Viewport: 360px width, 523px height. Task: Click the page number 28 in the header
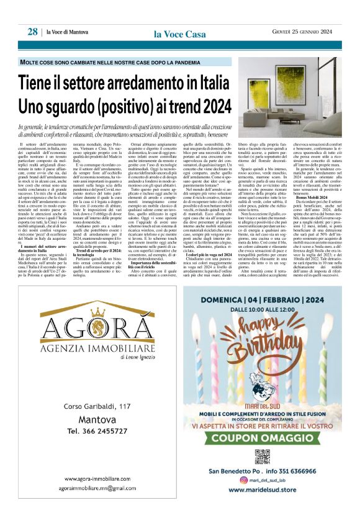32,32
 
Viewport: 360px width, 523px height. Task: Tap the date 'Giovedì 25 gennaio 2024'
306,32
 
